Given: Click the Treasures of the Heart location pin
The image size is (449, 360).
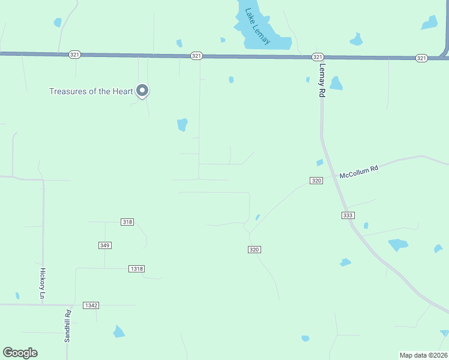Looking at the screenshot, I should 142,90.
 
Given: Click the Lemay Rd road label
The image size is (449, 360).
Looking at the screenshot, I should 322,81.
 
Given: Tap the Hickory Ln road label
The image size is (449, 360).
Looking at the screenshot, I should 43,283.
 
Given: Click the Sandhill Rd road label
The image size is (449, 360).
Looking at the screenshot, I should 68,326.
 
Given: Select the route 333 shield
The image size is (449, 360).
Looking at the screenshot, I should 348,215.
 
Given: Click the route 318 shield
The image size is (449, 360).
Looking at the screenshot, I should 127,222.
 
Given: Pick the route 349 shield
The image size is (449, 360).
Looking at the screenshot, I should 105,245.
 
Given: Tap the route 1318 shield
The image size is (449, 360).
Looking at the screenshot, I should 137,269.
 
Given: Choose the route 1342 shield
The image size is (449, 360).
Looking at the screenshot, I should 91,305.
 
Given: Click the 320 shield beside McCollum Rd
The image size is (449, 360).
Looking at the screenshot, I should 316,181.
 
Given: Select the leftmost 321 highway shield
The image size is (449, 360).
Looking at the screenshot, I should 74,55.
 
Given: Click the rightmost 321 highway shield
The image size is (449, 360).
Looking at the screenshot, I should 421,58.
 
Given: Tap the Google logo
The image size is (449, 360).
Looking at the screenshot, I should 20,353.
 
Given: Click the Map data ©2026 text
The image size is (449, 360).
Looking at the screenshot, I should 423,355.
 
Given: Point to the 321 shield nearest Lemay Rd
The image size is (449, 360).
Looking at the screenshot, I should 318,56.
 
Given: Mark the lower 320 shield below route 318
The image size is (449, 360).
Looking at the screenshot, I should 254,250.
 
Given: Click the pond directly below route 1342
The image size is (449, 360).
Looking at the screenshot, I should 119,331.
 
